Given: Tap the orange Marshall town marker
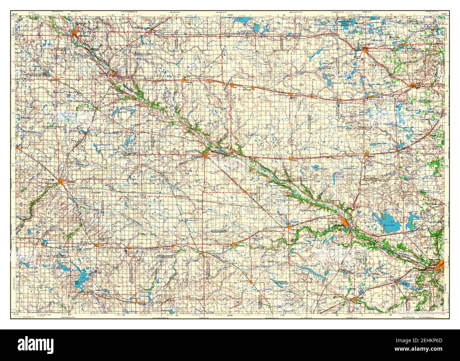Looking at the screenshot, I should point(61,182).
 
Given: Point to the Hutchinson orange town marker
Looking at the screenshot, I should point(366,49).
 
